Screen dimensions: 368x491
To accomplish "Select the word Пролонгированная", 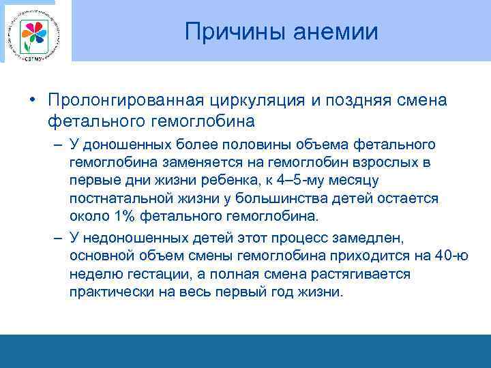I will click(x=124, y=101).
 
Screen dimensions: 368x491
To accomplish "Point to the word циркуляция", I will click(x=254, y=101).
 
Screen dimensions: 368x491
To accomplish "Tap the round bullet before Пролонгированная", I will click(x=32, y=101).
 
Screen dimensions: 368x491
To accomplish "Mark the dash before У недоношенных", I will click(x=58, y=239).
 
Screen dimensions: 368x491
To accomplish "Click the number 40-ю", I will click(x=451, y=256).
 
